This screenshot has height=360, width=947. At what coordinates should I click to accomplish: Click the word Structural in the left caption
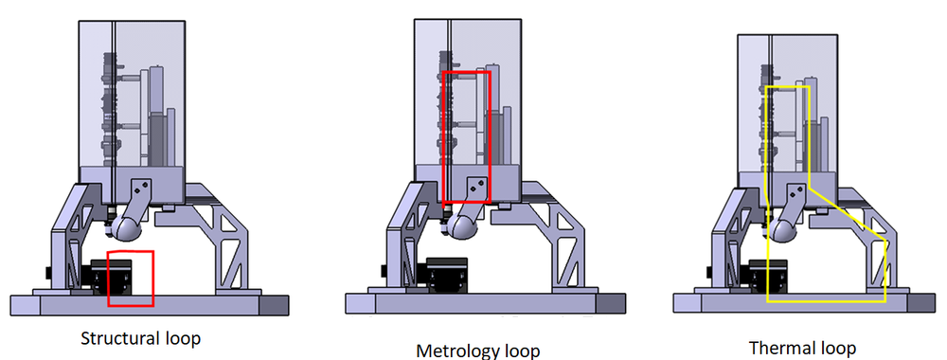click(114, 338)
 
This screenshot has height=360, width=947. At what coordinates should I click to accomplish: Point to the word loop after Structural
click(180, 338)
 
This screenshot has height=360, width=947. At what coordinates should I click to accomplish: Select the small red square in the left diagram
click(131, 279)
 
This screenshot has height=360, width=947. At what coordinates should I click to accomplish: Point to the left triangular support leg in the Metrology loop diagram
click(407, 237)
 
